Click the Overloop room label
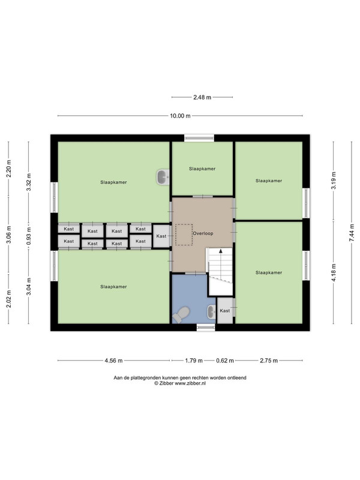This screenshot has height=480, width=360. [203, 233]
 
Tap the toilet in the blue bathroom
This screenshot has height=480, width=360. [181, 314]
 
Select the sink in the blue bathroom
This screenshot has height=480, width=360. [212, 312]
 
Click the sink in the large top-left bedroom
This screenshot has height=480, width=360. [163, 177]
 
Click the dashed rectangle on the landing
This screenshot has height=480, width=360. [184, 235]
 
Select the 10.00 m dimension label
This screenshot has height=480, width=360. [180, 116]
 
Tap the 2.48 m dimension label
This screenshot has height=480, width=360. [202, 97]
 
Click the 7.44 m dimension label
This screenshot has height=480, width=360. [352, 233]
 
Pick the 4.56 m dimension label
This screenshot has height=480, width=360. [113, 361]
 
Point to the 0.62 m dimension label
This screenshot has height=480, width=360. [225, 361]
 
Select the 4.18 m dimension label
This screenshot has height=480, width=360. [334, 272]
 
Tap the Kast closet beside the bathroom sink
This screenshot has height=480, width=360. [224, 310]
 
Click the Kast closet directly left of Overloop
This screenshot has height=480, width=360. [161, 236]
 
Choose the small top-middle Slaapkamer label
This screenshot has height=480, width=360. [202, 169]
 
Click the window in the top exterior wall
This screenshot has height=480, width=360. [199, 138]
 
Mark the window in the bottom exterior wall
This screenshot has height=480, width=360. [206, 328]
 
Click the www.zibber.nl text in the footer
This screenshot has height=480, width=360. [190, 383]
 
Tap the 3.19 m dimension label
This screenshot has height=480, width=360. [334, 181]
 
